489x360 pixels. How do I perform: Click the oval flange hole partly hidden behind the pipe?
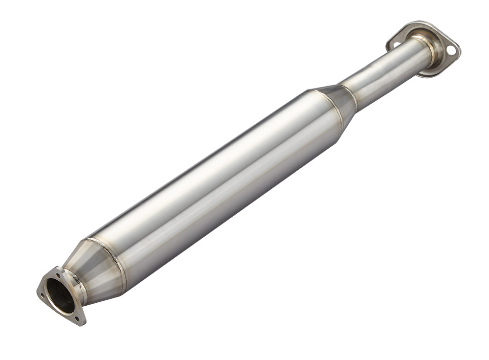397,44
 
